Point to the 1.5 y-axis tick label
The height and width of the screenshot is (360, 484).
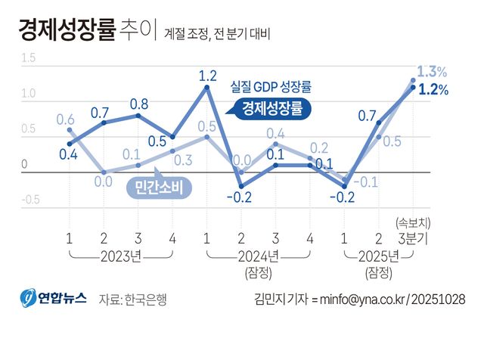(29, 58)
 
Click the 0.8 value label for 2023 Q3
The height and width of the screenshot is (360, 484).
(138, 104)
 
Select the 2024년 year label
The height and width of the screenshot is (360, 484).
(259, 254)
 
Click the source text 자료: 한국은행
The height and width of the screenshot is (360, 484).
(132, 299)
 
